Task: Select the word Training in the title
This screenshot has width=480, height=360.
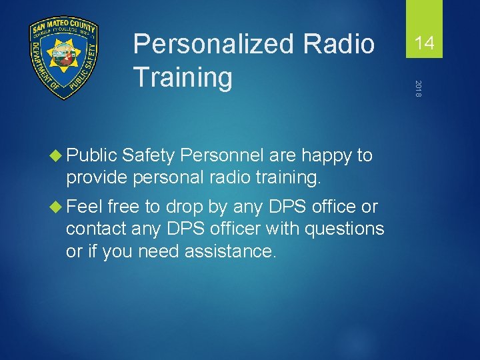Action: point(183,77)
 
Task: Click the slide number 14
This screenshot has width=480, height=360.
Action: point(424,44)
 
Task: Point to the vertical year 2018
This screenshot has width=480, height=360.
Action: point(418,89)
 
